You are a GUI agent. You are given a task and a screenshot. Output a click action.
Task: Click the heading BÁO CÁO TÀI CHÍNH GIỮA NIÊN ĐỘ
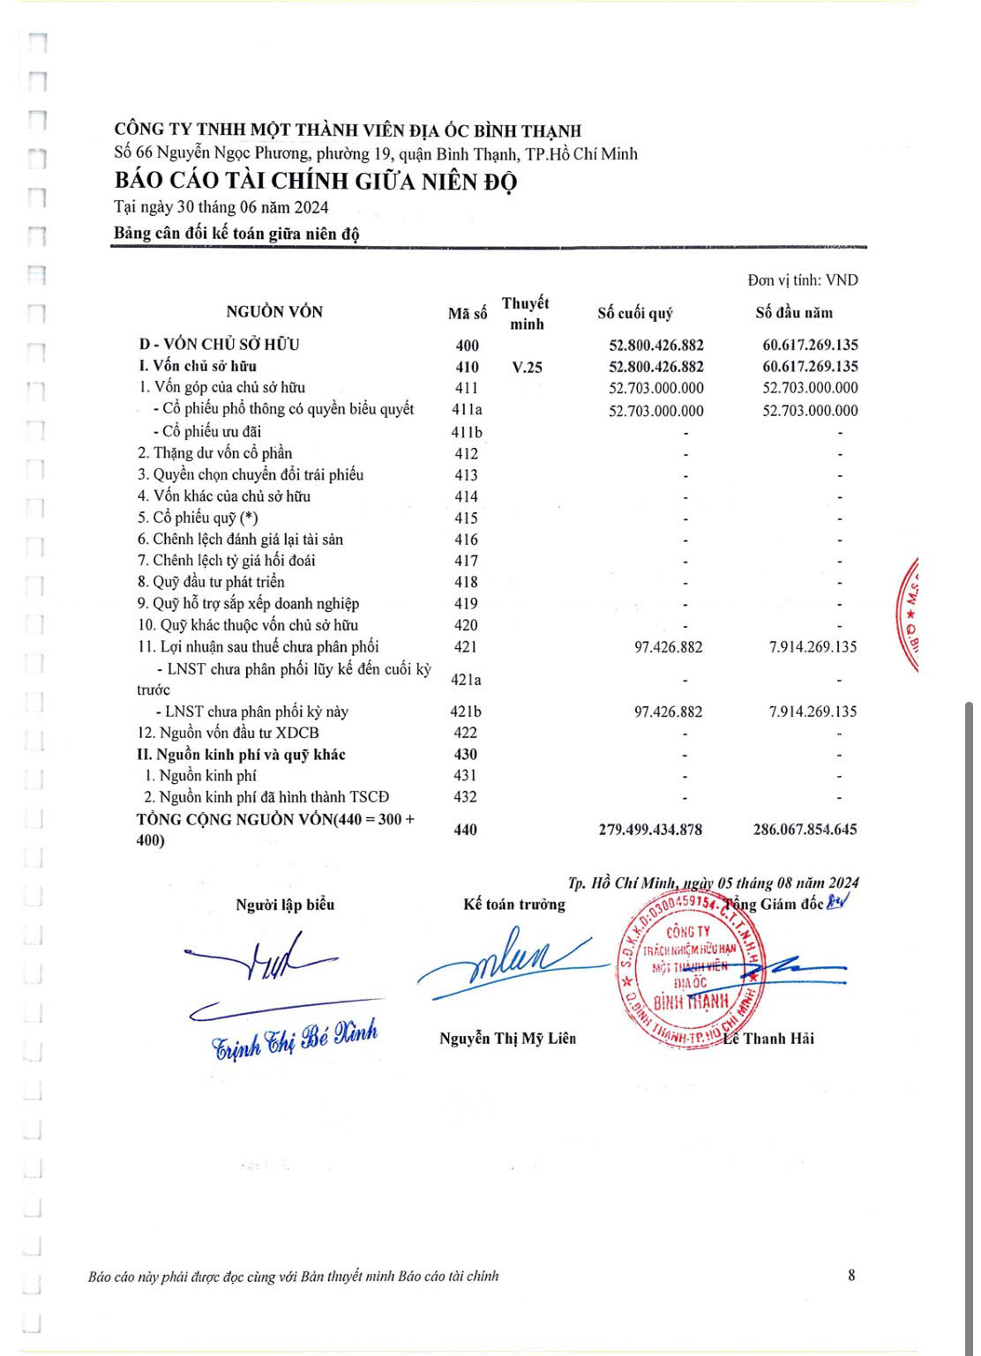315,181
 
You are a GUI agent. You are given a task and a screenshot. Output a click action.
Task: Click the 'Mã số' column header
467,314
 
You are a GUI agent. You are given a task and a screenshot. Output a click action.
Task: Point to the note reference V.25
527,367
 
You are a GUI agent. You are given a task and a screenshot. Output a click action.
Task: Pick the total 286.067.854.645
805,830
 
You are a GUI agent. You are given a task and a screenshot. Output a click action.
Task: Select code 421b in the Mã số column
466,712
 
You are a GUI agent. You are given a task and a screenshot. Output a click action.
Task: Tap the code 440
465,830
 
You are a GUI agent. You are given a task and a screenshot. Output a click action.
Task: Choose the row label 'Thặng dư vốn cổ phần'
214,453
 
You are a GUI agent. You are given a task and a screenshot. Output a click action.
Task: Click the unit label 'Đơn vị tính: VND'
802,280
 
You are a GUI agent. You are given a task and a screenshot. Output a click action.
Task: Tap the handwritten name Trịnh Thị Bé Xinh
295,1038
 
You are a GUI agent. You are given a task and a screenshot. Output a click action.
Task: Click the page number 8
851,1275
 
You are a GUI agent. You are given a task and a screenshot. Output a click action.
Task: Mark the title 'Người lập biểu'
285,905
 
